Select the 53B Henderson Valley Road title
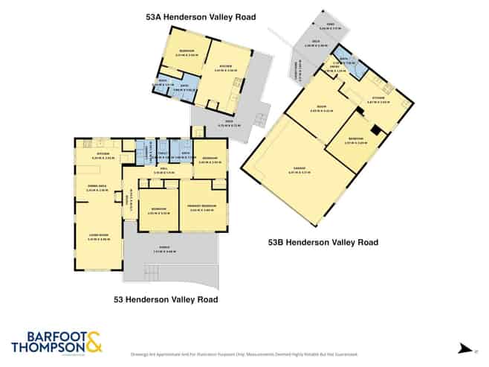coord(323,242)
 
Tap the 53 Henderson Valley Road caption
coord(166,299)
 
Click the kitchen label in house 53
coord(100,155)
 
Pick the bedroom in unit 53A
coord(175,53)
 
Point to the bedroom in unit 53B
coord(356,141)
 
